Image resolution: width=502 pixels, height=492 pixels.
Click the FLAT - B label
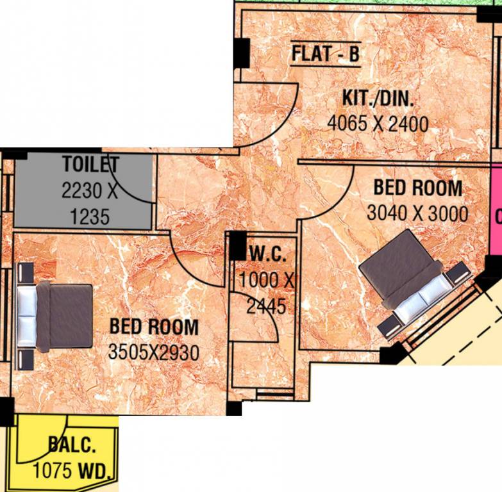[325, 54]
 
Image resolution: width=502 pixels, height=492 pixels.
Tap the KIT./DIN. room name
[378, 99]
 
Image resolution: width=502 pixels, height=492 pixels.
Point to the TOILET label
[90, 165]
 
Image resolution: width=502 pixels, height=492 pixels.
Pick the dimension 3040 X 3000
[417, 213]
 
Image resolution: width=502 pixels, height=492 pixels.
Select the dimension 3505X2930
[153, 352]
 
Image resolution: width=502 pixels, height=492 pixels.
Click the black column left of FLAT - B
[241, 53]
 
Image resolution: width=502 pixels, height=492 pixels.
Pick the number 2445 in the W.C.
[266, 306]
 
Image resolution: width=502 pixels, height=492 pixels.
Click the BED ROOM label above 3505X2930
[154, 327]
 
